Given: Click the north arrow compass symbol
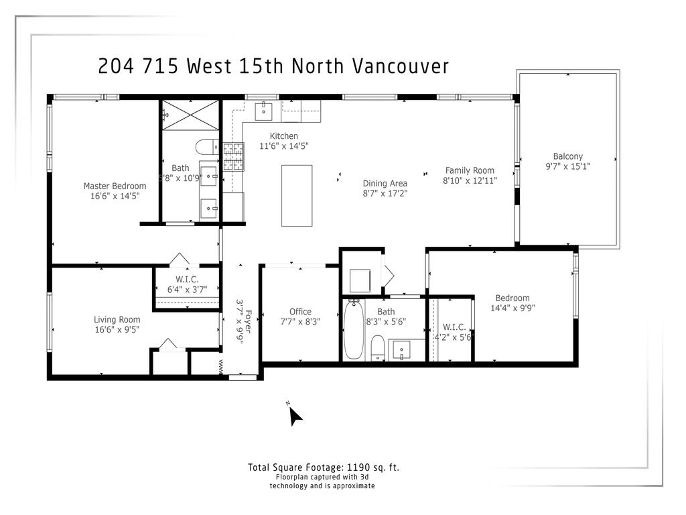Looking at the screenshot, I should (x=294, y=416).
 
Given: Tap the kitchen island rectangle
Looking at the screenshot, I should (x=296, y=195).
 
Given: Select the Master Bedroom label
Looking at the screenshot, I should (x=115, y=186).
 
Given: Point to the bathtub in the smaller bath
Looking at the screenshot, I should (x=352, y=331).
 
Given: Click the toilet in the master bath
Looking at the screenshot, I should (x=206, y=147).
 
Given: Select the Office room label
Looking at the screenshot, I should (x=300, y=311).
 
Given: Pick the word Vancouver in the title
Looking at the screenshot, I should (x=400, y=66).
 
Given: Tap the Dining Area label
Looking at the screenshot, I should (x=385, y=183).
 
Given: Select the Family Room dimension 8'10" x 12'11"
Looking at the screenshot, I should (x=470, y=180).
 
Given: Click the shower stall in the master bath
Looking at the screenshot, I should (x=191, y=115).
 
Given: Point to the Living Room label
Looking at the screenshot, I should (x=117, y=319).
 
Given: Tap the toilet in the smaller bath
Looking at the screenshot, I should (x=378, y=347).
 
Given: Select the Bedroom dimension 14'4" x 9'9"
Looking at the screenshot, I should (x=512, y=308).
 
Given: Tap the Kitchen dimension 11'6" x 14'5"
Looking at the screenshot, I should (x=284, y=146).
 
